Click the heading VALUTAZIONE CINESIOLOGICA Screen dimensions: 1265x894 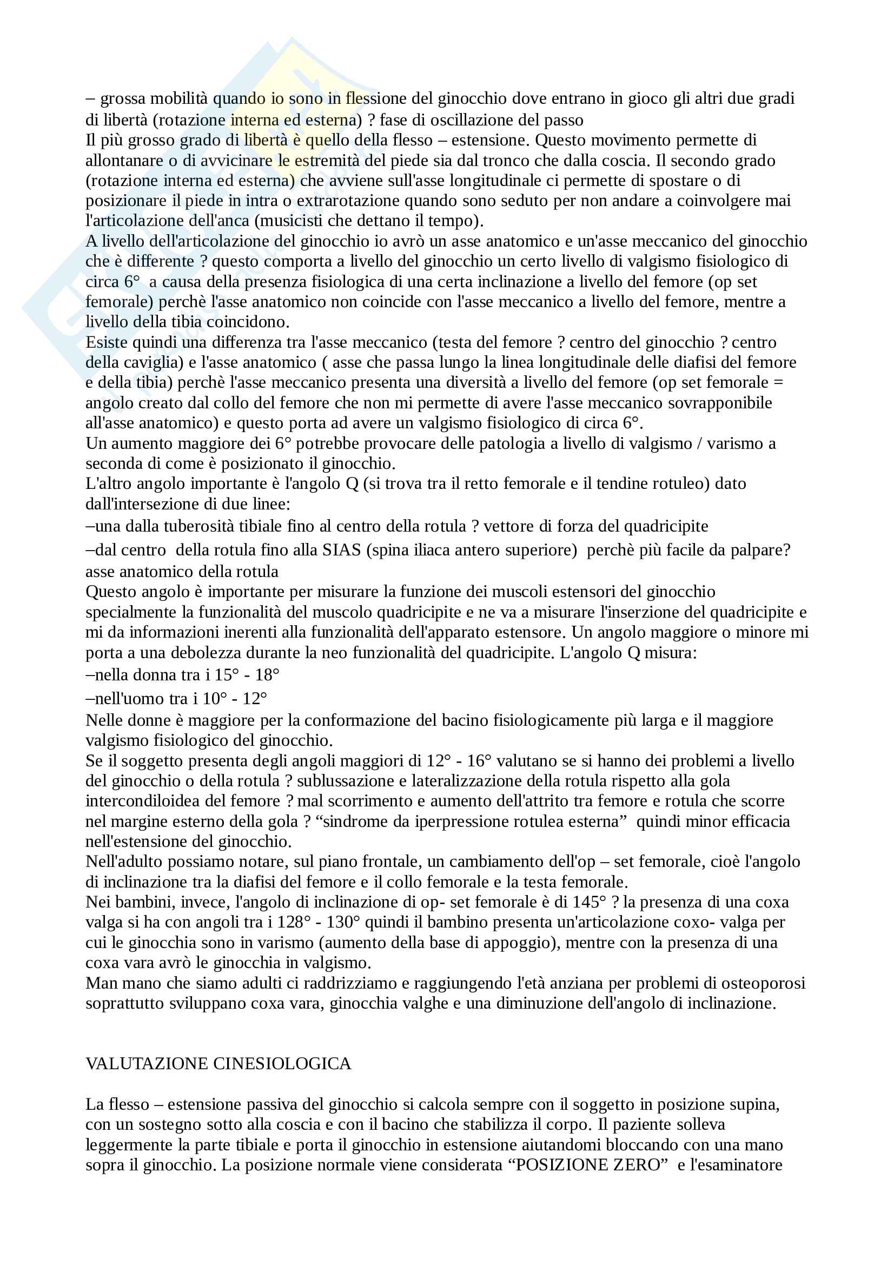pos(218,1063)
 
